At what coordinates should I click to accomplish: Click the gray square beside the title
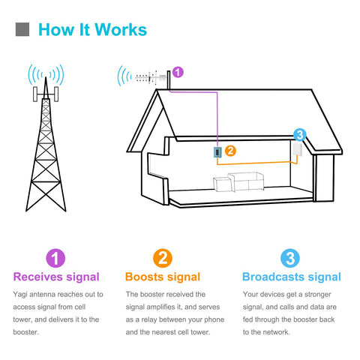click(x=22, y=29)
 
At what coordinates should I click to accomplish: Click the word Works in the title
click(x=121, y=30)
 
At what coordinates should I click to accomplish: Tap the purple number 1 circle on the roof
click(x=178, y=72)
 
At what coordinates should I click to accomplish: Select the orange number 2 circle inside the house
click(x=230, y=151)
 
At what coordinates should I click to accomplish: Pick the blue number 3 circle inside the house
click(x=299, y=135)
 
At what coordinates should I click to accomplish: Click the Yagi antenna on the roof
click(x=151, y=78)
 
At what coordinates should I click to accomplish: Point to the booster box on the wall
click(x=217, y=152)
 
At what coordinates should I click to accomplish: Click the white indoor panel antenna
click(x=298, y=149)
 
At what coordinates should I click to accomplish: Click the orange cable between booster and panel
click(x=256, y=163)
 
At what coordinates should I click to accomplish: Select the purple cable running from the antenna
click(x=217, y=113)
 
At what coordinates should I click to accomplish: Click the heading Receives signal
click(x=56, y=277)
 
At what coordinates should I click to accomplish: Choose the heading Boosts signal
click(x=163, y=277)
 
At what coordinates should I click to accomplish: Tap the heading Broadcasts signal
click(x=292, y=277)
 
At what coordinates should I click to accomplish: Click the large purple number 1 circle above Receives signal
click(x=55, y=258)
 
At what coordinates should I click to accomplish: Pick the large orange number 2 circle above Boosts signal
click(x=163, y=258)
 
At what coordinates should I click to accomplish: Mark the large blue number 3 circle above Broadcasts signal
click(x=290, y=258)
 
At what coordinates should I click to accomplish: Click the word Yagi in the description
click(x=20, y=295)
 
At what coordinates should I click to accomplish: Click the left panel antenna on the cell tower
click(x=35, y=94)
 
